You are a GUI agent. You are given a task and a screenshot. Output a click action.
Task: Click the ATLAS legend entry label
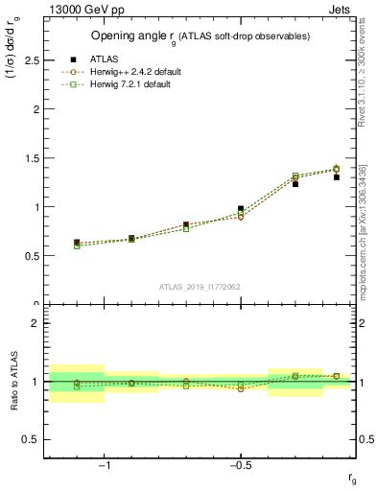coord(103,58)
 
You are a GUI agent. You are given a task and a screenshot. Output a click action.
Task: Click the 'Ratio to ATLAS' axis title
coord(13,384)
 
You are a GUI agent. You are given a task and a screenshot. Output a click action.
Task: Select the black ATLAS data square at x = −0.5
coord(241,209)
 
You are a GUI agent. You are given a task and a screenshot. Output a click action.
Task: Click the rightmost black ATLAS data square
coord(337,176)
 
